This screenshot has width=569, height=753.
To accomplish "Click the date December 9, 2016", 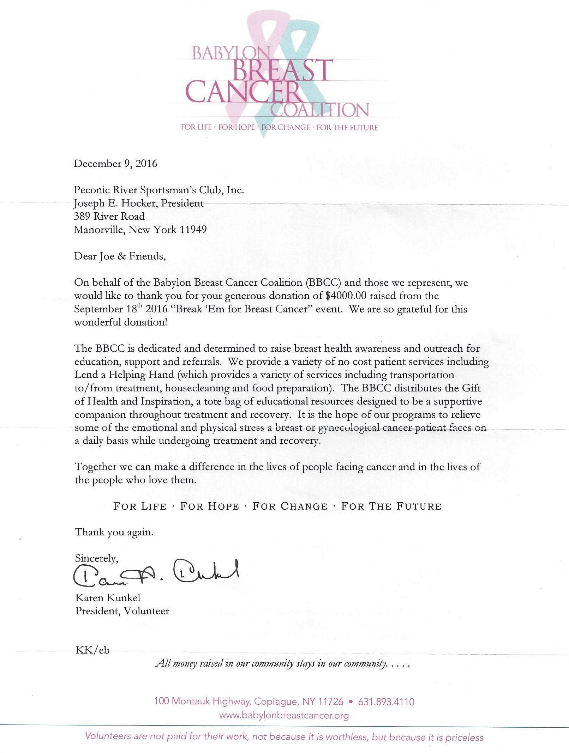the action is pos(115,164).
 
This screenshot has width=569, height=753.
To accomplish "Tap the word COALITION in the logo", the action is pos(320,110).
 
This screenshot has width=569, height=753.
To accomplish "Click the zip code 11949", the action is pos(193,230).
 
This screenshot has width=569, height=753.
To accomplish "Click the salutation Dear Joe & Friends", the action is pos(120,256).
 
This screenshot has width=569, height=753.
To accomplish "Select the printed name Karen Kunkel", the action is pos(108,597).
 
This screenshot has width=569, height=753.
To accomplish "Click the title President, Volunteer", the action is pos(122,611).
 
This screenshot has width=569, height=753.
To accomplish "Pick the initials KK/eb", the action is pos(92,650).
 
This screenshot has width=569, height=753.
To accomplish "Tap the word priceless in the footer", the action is pos(464,737).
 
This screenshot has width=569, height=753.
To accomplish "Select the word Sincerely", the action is pos(96,558).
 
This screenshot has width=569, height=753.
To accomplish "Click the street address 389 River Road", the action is pos(109,216).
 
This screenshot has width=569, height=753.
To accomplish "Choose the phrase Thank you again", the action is pos(114,532).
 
